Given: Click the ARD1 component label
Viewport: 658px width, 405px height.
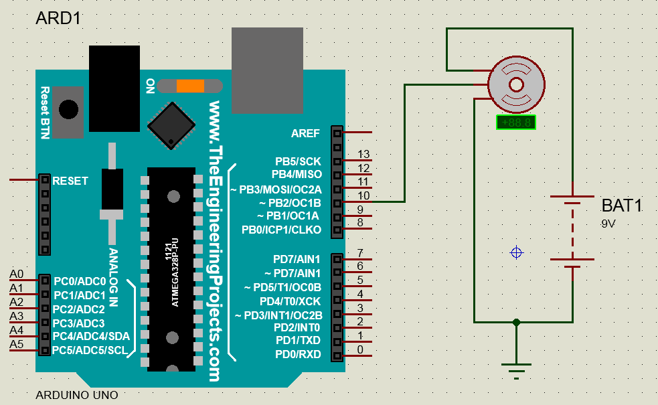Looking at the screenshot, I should pos(58,18).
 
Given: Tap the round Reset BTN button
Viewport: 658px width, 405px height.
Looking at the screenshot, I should pos(68,109).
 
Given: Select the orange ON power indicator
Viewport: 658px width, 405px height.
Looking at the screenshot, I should pos(190,86).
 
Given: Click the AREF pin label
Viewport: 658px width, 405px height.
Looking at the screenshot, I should pos(306,133).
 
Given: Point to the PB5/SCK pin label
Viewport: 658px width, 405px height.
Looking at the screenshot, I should pos(298,161).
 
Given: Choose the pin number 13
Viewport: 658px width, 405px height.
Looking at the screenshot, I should pos(364,155).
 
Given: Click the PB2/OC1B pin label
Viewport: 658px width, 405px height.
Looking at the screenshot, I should pos(290,202).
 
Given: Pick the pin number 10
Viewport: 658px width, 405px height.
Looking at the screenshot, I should pos(364,195).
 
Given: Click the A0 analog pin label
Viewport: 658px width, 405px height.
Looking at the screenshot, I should pos(17,274).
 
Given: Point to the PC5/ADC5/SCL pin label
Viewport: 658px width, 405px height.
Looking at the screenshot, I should pos(90,350).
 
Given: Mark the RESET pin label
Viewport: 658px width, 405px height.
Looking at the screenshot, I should pos(70,181).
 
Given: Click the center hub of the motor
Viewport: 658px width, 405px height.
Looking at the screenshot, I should pos(516,84).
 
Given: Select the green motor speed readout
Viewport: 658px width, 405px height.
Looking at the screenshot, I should pos(516,123).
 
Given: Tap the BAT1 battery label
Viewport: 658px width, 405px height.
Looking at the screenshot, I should pos(621,206).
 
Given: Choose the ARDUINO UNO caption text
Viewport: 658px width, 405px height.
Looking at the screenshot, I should pos(76,395).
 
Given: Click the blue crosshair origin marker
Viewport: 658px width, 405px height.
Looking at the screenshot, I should pos(516,252).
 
